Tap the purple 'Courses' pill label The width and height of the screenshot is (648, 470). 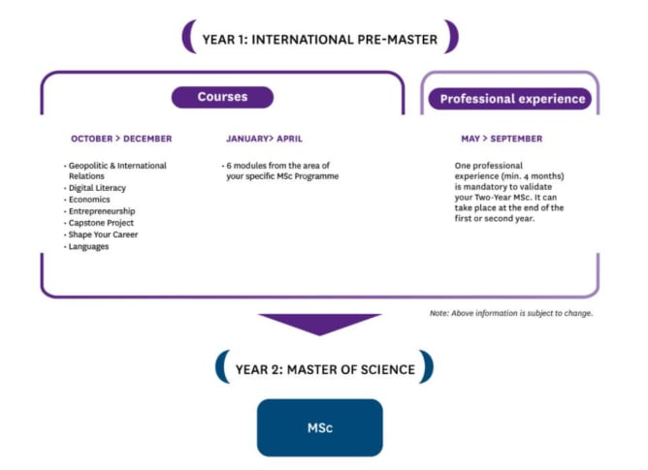[222, 97]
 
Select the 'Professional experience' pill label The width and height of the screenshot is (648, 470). [512, 99]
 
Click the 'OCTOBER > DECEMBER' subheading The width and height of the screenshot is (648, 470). [121, 139]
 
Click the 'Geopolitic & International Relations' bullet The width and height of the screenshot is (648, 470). [115, 171]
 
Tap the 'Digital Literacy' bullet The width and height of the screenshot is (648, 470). [97, 188]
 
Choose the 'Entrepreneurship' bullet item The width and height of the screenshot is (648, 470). [101, 211]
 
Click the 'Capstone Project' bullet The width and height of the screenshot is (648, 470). [101, 223]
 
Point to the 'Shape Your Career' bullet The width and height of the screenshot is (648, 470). [103, 235]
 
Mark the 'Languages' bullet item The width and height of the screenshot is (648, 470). [88, 246]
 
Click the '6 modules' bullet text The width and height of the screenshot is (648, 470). [281, 171]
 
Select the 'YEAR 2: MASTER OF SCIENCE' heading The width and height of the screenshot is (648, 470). [325, 369]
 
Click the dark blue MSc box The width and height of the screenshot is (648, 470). [320, 427]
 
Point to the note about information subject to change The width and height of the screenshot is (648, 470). [511, 313]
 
